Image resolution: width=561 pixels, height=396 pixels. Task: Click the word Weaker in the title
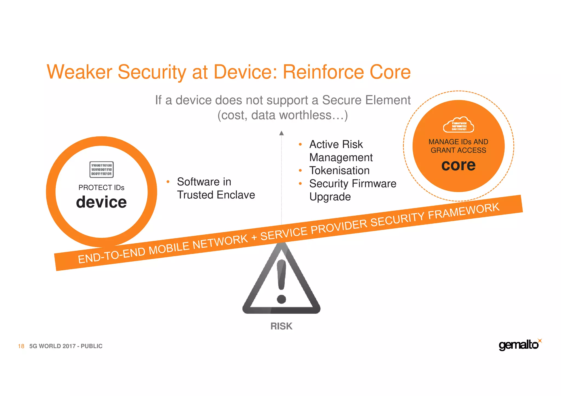tap(79, 72)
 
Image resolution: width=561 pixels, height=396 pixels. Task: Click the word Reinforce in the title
tap(323, 72)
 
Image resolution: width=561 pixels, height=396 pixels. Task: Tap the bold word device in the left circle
tap(101, 202)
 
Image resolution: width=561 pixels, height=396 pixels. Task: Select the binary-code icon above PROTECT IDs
tap(101, 169)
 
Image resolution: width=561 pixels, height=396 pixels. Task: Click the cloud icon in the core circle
tap(458, 125)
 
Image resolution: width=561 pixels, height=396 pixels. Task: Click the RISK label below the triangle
tap(281, 326)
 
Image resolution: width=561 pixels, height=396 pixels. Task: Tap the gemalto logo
tap(519, 345)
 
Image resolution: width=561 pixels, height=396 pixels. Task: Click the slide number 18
tap(21, 346)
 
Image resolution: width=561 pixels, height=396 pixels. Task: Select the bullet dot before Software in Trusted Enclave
tap(168, 182)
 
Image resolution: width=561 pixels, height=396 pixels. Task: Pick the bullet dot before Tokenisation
tap(300, 170)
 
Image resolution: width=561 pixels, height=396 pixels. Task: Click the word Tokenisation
tap(339, 170)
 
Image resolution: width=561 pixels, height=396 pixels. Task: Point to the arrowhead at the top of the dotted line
tap(281, 133)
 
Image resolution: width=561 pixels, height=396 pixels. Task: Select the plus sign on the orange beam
tap(254, 237)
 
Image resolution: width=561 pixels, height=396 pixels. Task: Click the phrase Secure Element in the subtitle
tap(366, 100)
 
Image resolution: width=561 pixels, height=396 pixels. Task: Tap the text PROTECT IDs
tap(101, 188)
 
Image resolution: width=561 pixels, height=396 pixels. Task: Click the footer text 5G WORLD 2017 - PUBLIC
tap(66, 346)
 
